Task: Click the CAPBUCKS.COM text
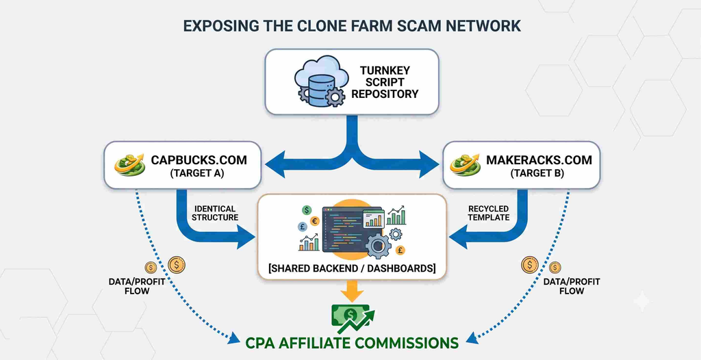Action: click(199, 160)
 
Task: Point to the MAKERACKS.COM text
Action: click(539, 160)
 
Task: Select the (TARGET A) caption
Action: click(196, 175)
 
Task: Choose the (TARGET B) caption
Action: click(538, 175)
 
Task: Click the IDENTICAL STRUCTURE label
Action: click(216, 213)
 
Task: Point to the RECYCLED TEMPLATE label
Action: click(489, 213)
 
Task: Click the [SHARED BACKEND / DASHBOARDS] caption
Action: click(352, 268)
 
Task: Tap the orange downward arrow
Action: click(353, 291)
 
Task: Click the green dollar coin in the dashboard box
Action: click(307, 209)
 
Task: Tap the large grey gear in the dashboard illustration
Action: click(378, 246)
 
